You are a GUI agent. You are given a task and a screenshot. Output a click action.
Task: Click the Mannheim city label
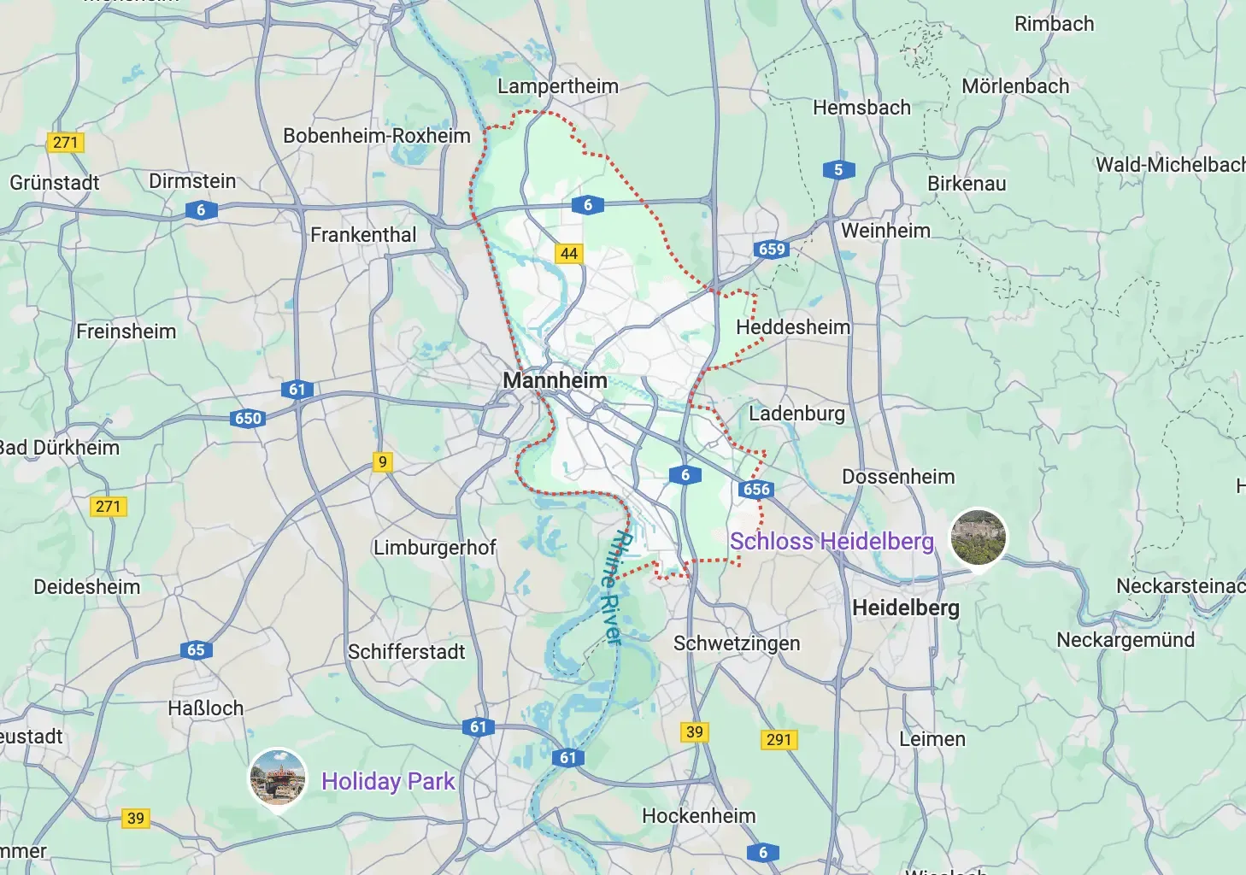pos(555,380)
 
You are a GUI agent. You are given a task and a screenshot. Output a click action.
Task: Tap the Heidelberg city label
pos(906,608)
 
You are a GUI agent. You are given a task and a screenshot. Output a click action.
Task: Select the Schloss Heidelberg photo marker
pos(979,537)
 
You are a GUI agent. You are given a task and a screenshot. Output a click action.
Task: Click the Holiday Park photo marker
pos(278,777)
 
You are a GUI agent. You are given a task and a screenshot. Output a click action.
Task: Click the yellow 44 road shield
pos(569,253)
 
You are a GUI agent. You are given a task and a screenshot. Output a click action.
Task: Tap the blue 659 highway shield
pos(771,249)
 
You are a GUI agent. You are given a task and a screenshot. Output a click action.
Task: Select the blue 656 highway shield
pos(756,489)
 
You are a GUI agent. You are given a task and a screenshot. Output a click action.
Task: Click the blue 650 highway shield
pos(248,418)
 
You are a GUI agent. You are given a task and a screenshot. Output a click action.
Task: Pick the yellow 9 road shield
pos(383,461)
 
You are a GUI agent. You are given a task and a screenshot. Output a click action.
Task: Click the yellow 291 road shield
pos(779,739)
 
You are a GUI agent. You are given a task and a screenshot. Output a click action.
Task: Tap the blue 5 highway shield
pos(838,169)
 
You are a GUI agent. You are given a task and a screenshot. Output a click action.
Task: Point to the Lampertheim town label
pos(558,86)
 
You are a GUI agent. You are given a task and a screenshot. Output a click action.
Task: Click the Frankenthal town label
pos(363,235)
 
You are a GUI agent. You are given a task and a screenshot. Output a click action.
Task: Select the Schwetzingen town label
pos(737,643)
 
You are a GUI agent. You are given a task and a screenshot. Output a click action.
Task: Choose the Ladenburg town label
pos(796,414)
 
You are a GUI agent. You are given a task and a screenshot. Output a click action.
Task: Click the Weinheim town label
pos(885,231)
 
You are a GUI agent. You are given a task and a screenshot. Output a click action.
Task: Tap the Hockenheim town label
pos(699,816)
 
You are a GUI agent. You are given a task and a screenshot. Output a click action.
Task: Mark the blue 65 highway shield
pos(196,649)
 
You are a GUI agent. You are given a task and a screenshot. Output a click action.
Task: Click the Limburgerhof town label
pos(434,548)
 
